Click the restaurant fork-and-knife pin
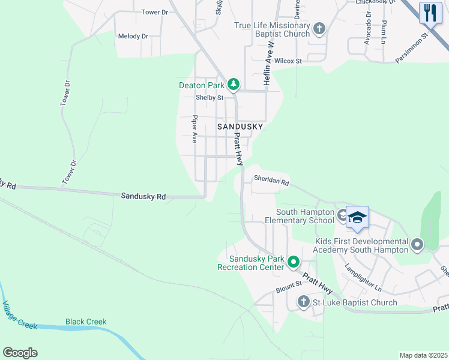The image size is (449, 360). (x=430, y=13)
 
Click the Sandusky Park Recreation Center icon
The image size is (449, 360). (x=294, y=262)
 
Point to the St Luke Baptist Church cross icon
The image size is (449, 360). (x=304, y=302)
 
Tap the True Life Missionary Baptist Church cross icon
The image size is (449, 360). (x=319, y=28)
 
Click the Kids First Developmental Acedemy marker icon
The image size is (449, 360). (x=417, y=244)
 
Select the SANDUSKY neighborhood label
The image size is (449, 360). (x=240, y=127)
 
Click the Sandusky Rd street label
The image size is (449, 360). (x=143, y=196)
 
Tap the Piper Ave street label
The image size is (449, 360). (x=194, y=129)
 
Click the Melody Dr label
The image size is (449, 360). (x=133, y=36)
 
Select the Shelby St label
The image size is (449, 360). (x=209, y=98)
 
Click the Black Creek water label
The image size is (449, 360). (x=86, y=322)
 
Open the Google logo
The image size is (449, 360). (x=20, y=353)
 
